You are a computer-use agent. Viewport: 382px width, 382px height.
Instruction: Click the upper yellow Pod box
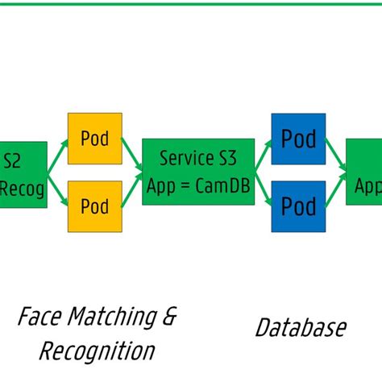(94, 138)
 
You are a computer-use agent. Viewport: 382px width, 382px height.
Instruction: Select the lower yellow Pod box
(94, 206)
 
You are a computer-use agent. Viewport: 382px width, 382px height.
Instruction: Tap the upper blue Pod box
(298, 139)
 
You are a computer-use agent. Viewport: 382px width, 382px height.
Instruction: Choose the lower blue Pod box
(298, 206)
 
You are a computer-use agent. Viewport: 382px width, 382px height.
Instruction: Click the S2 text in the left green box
(12, 160)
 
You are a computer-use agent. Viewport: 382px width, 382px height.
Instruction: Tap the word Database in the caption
(301, 327)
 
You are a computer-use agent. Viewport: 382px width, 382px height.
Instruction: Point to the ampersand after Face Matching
(169, 316)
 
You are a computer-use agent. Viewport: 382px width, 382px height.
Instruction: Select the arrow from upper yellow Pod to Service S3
(132, 154)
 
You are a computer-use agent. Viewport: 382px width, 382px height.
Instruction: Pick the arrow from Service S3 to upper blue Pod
(263, 155)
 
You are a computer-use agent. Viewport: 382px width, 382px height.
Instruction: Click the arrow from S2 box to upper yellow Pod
(57, 155)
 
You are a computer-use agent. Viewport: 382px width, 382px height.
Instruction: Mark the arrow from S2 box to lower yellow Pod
(57, 190)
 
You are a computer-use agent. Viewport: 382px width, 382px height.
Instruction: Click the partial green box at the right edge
(364, 172)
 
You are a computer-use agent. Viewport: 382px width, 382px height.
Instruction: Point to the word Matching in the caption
(108, 316)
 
